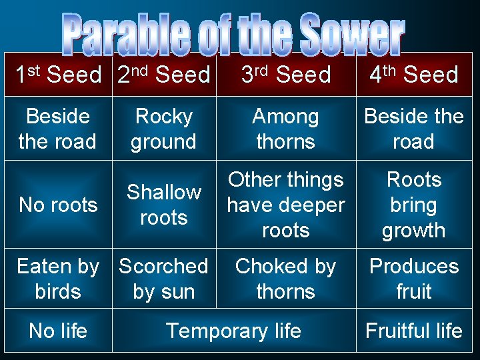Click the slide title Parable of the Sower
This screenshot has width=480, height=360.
click(233, 34)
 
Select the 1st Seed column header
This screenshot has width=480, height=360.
click(58, 75)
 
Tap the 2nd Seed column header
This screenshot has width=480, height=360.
click(163, 75)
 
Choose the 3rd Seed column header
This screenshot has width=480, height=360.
click(285, 75)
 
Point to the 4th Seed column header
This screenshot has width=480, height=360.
click(413, 75)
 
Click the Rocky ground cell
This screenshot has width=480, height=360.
click(163, 129)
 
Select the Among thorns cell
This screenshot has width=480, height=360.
click(285, 129)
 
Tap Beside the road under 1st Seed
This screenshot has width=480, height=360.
click(58, 129)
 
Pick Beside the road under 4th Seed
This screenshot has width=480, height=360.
click(413, 129)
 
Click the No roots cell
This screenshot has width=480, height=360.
click(58, 205)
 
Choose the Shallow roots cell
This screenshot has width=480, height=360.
click(163, 205)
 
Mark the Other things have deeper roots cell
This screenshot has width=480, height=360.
click(285, 205)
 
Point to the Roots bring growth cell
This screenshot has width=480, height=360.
click(413, 205)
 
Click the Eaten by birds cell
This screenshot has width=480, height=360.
click(58, 279)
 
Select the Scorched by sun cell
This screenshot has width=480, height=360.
click(163, 279)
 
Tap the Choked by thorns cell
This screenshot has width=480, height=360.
click(285, 279)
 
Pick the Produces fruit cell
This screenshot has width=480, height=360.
click(413, 279)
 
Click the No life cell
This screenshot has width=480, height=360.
click(58, 331)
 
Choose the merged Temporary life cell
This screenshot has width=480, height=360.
click(233, 331)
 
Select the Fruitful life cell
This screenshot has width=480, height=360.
click(413, 331)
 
